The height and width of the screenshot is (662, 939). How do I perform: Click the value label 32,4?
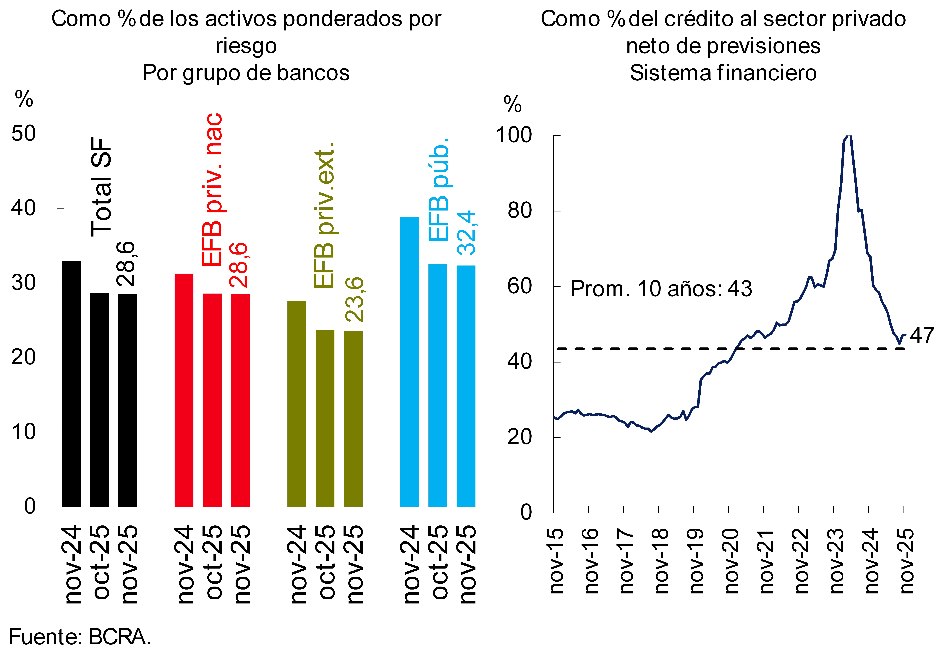[467, 233]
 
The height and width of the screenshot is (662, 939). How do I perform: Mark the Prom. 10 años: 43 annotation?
[661, 289]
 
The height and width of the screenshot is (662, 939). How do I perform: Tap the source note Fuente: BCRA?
[80, 637]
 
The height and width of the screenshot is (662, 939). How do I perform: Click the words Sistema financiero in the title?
[723, 73]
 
